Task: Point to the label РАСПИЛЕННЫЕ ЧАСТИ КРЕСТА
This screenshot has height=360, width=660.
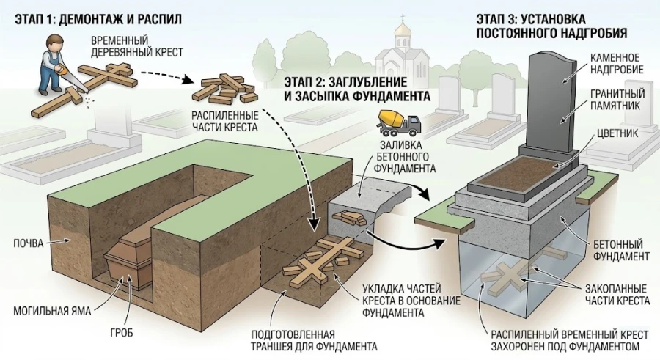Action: (223, 122)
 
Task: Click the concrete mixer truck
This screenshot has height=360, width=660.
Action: (399, 120)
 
